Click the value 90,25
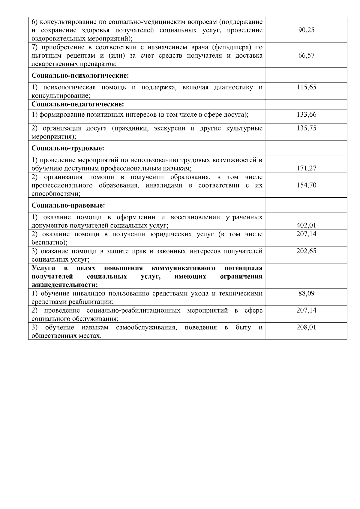pos(306,30)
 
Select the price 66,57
pos(306,55)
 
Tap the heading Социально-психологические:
pos(80,75)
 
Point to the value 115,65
pos(306,88)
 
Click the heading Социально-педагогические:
pos(78,104)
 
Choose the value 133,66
pos(306,115)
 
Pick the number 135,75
pos(306,128)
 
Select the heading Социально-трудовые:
pos(68,148)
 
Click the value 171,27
pos(306,168)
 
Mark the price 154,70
pos(306,185)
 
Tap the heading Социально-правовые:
pos(68,205)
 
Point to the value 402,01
pos(306,226)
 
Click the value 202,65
pos(306,251)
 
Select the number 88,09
pos(306,293)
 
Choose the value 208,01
pos(306,328)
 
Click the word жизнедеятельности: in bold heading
pos(65,285)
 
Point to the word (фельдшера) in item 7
pos(234,47)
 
